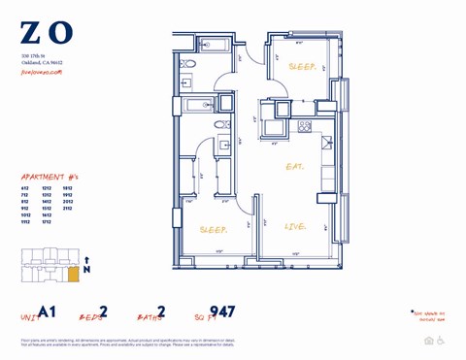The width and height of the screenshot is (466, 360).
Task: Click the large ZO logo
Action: [46, 34]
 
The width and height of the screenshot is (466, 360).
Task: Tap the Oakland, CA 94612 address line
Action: [42, 62]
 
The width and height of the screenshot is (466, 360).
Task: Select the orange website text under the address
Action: [41, 71]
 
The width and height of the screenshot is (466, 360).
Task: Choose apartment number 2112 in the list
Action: [67, 208]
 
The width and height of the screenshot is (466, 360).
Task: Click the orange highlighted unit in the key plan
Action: [73, 277]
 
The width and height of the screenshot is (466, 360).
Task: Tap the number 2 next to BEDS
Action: [103, 312]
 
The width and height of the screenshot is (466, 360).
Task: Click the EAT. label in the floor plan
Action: [294, 167]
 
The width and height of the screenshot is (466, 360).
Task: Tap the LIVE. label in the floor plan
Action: [295, 227]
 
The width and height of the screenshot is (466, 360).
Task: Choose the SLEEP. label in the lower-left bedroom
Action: [213, 231]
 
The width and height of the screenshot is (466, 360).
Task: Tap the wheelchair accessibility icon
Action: [442, 341]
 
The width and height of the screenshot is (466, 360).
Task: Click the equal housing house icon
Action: [429, 341]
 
